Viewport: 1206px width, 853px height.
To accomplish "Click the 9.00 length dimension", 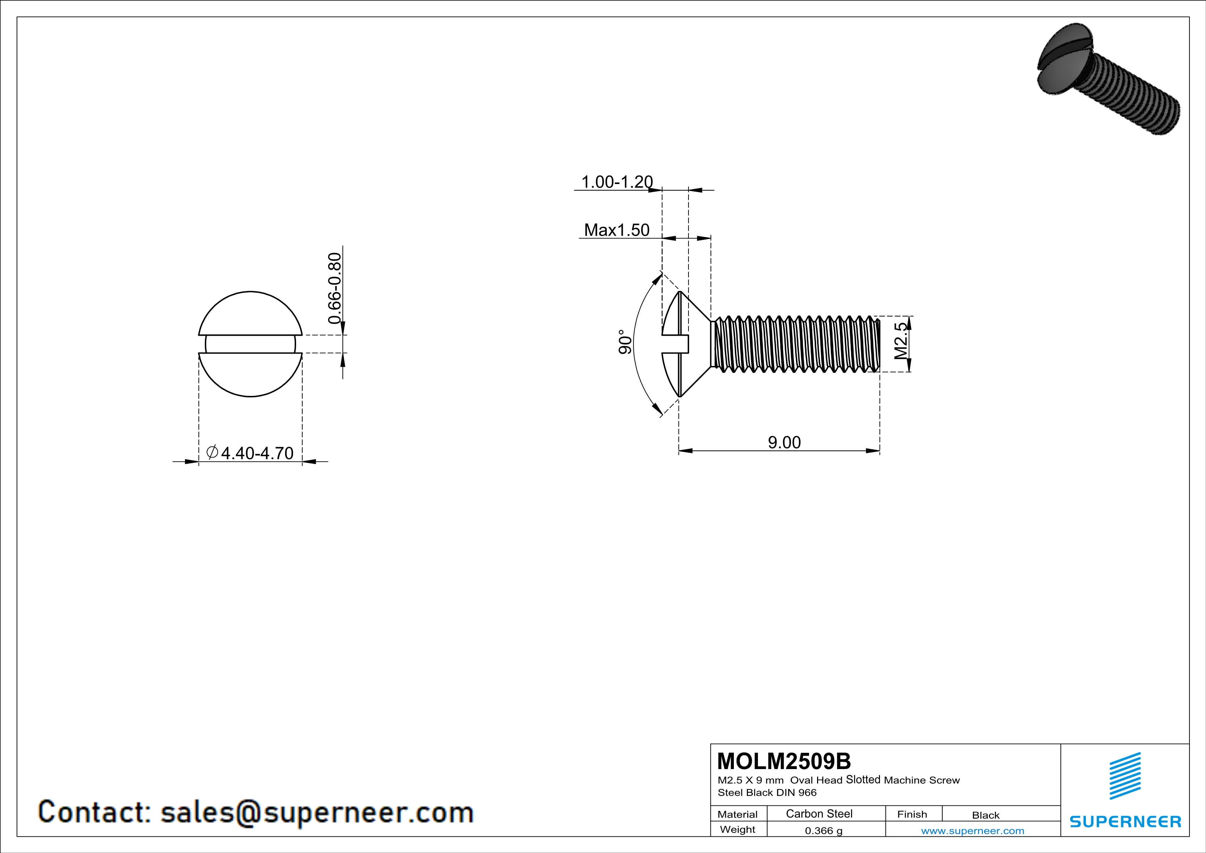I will click(x=784, y=442).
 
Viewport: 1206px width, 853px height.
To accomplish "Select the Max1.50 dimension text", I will click(x=617, y=230).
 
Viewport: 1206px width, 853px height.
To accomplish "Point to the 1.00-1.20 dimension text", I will click(x=617, y=182).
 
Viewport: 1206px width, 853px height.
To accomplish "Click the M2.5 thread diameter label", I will click(x=901, y=341).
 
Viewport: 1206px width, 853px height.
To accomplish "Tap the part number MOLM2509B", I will click(x=784, y=761).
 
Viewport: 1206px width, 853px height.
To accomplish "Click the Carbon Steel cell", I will click(x=819, y=813).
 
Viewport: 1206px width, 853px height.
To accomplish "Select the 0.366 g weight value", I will click(x=824, y=830).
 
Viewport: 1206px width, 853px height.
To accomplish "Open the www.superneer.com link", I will click(x=972, y=830).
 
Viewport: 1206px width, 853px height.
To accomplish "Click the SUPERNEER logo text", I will click(x=1125, y=821).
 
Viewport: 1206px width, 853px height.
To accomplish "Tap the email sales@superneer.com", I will click(x=317, y=812).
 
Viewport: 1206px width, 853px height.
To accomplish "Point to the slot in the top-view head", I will click(x=251, y=344).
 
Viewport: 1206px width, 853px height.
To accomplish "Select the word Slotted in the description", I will click(x=863, y=779).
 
